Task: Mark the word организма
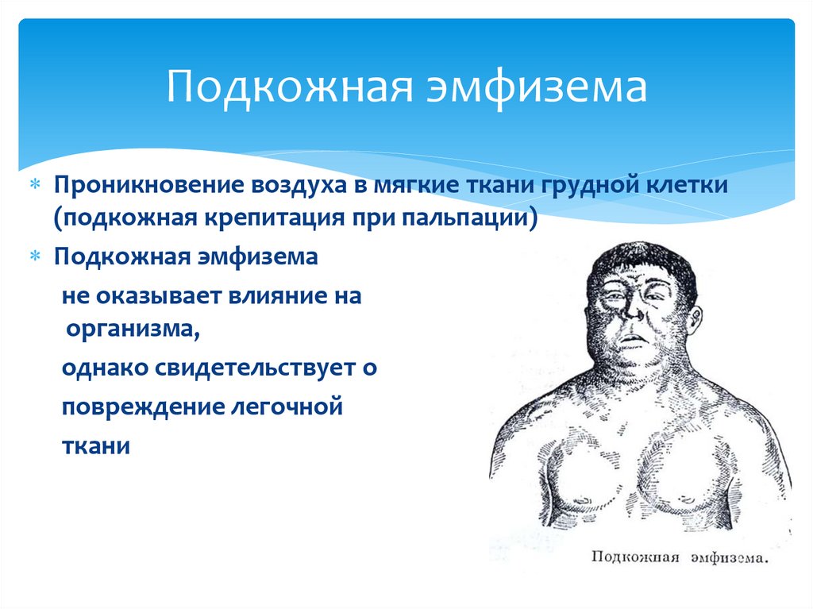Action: [x=133, y=330]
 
